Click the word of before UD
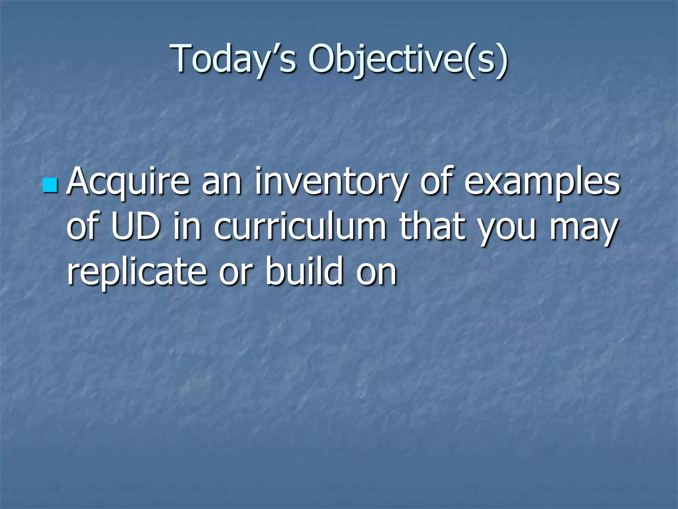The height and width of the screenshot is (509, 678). pos(84,227)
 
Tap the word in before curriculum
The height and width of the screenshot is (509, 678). pos(187,227)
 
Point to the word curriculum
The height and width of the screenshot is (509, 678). pos(300,227)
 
